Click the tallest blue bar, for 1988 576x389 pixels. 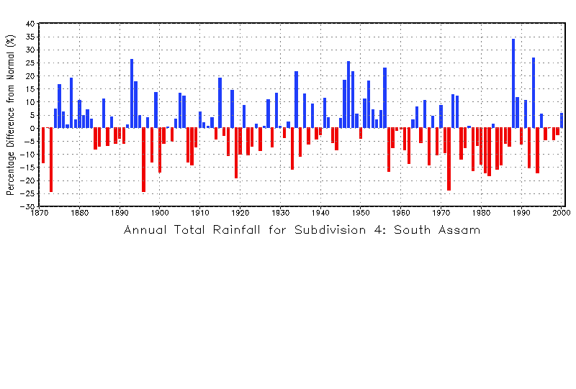click(x=513, y=83)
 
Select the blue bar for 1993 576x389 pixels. click(x=534, y=93)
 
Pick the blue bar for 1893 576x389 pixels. click(x=132, y=93)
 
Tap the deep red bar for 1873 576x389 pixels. click(x=51, y=160)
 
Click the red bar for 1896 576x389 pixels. click(x=143, y=160)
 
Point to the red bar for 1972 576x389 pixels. click(x=449, y=159)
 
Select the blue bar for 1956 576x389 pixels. click(x=384, y=98)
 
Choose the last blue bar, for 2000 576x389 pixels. click(x=562, y=120)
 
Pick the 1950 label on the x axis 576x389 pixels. click(x=361, y=214)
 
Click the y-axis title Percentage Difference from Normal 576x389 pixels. click(x=10, y=115)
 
